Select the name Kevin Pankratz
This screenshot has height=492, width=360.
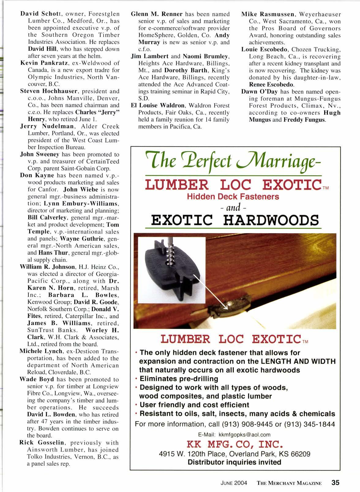coord(39,63)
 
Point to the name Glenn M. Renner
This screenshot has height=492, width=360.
coord(156,14)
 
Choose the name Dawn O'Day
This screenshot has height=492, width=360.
coord(259,92)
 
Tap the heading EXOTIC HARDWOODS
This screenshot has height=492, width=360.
coord(235,220)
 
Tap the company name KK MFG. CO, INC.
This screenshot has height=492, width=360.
coord(234,444)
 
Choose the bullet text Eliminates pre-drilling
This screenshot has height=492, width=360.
coord(178,379)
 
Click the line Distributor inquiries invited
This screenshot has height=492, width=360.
coord(234,462)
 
